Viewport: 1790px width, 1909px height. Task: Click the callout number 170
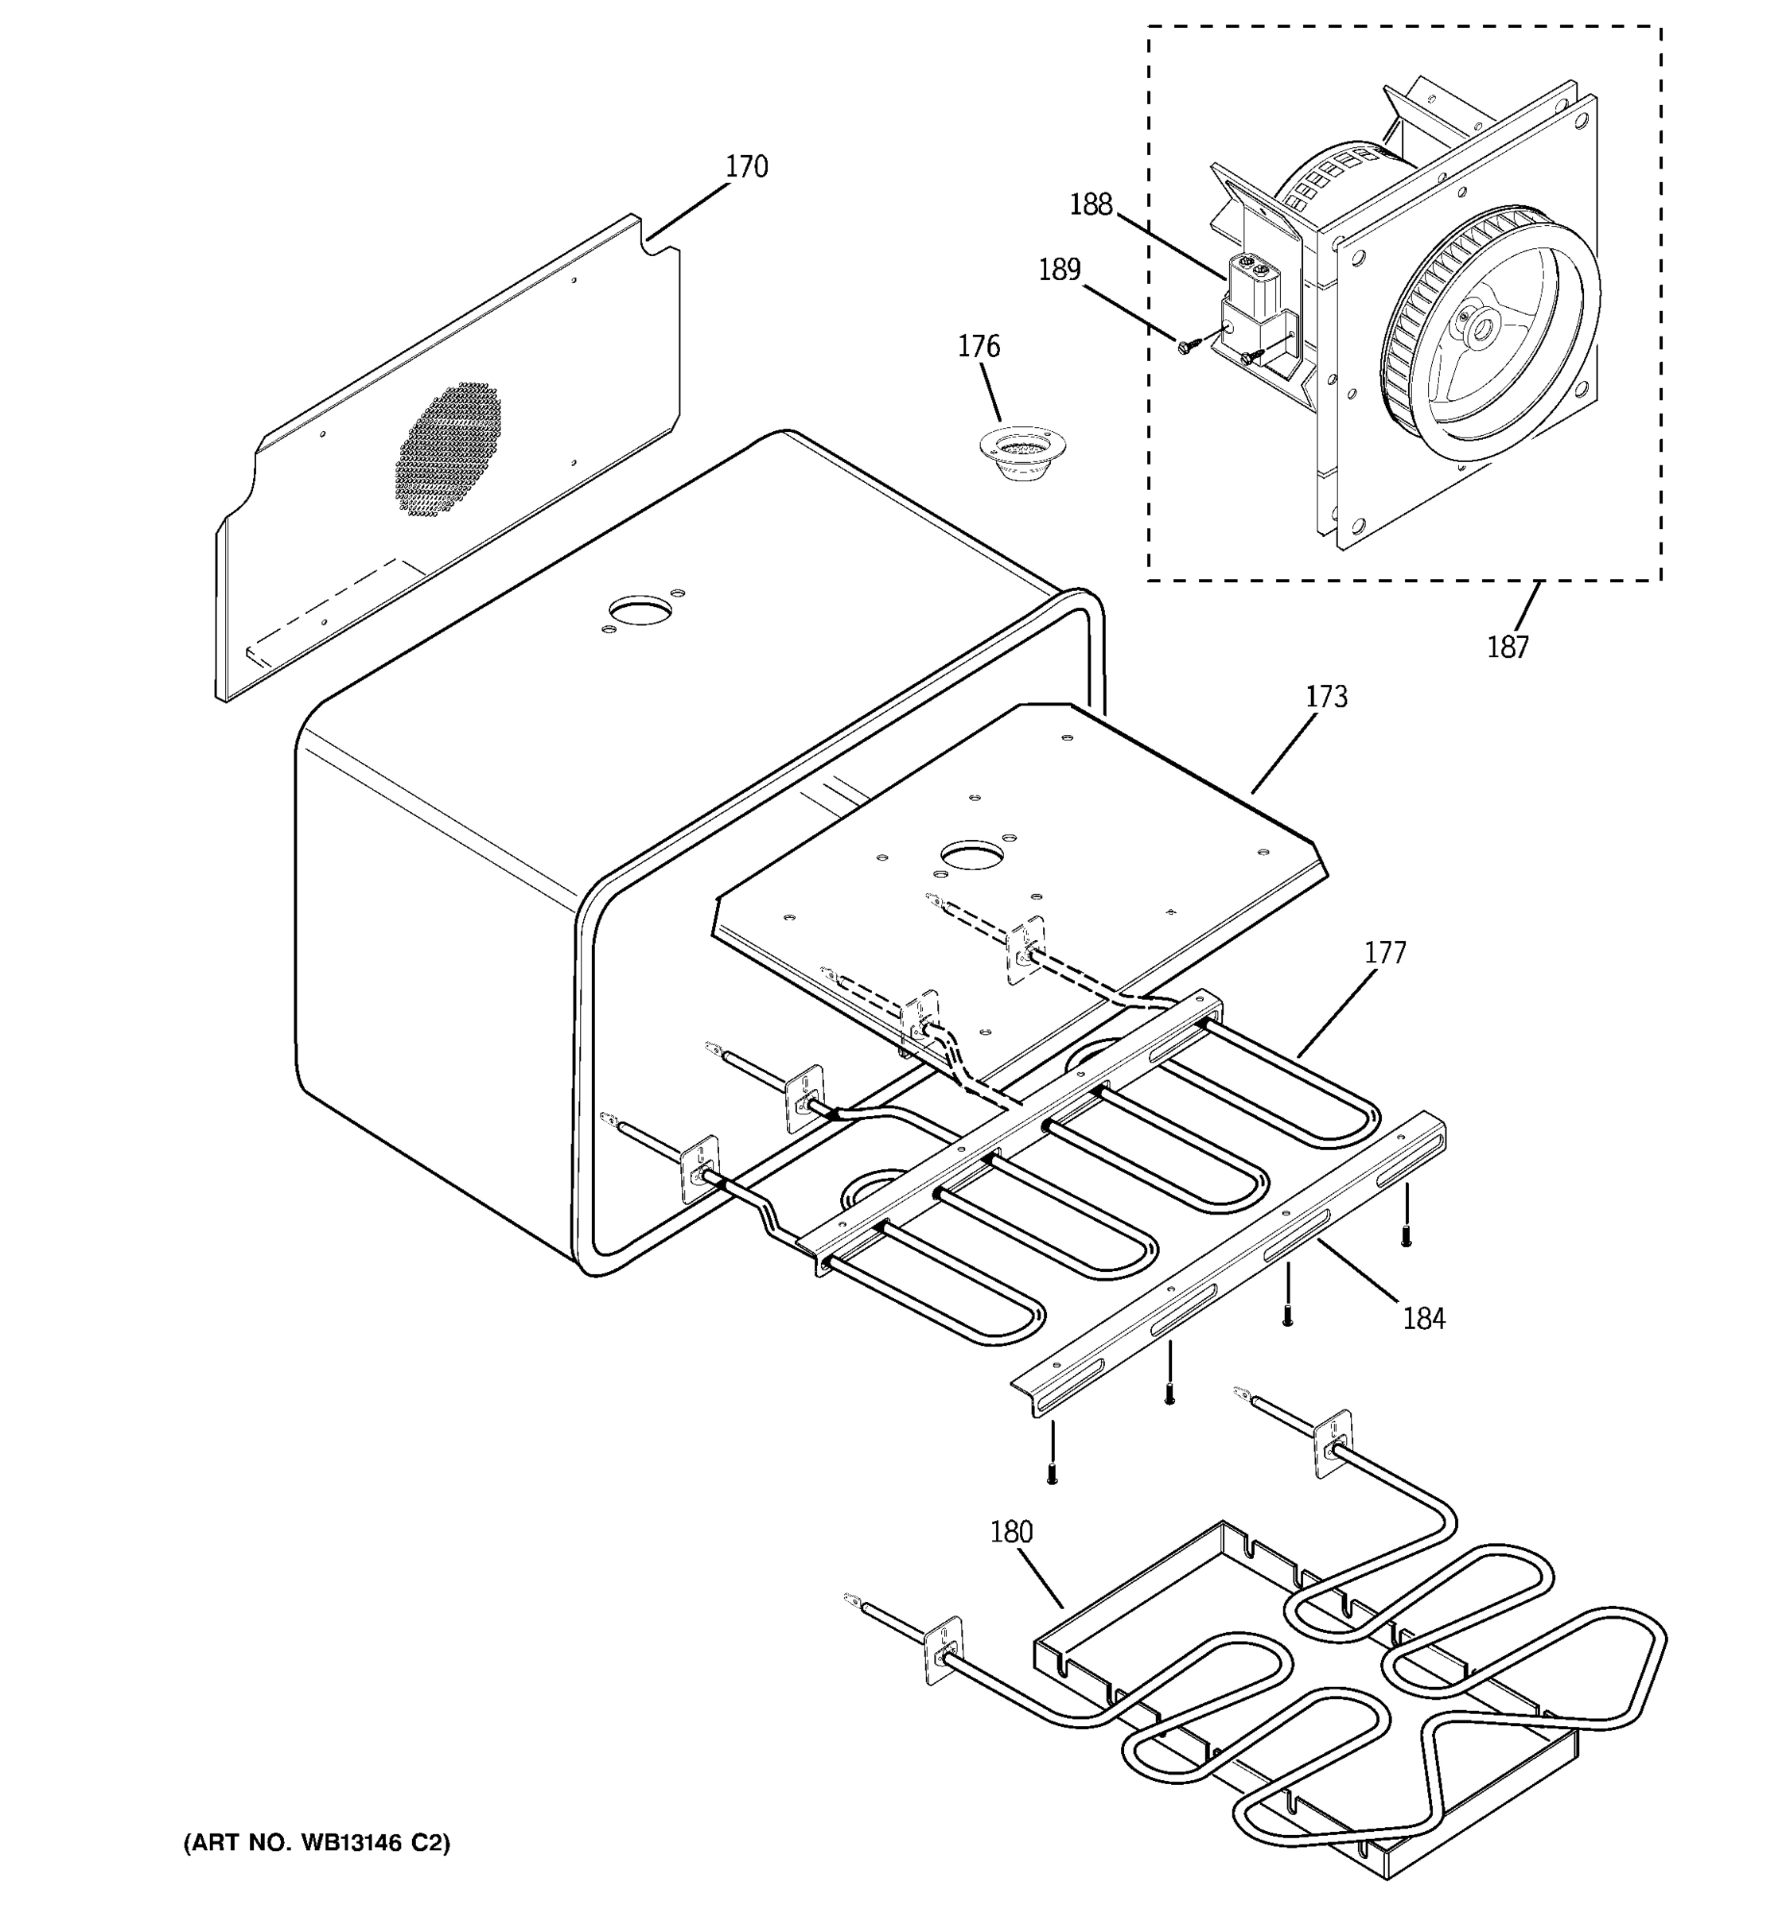(x=745, y=167)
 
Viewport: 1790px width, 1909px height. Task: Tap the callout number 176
(x=978, y=346)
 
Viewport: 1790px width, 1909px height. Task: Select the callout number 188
(x=1090, y=204)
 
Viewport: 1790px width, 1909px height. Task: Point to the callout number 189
(x=1058, y=270)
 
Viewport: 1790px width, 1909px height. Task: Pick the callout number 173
(x=1325, y=696)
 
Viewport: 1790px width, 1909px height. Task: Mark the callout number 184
(x=1422, y=1319)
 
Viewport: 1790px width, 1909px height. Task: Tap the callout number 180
(x=1010, y=1532)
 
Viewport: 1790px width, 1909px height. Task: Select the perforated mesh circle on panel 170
(x=449, y=449)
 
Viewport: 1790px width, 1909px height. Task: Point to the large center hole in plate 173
(x=972, y=853)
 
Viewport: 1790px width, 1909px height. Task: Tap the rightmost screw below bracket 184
(x=1406, y=1238)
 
